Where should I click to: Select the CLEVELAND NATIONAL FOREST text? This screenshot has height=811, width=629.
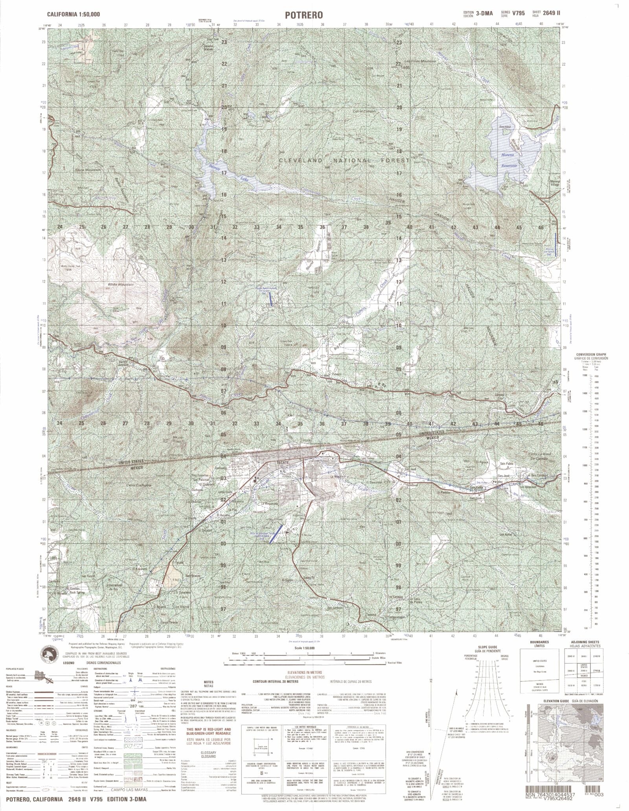point(344,160)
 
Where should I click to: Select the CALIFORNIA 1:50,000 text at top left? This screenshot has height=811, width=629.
point(73,14)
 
